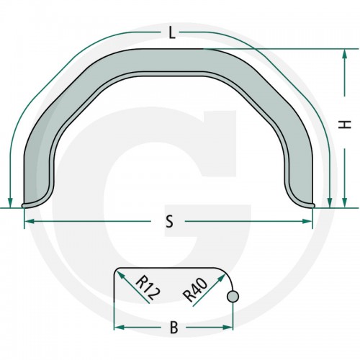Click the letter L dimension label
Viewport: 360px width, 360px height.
point(171,33)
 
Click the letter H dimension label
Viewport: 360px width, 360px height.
point(345,125)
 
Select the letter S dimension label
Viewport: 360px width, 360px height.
point(169,221)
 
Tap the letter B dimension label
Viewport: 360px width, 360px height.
point(174,328)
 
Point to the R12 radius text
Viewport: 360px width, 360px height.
point(148,288)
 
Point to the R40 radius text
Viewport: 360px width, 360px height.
point(195,289)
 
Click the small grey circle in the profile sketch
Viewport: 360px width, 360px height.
point(233,297)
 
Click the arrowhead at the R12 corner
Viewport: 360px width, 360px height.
point(120,275)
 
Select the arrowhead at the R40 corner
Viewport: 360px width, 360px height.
point(221,278)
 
